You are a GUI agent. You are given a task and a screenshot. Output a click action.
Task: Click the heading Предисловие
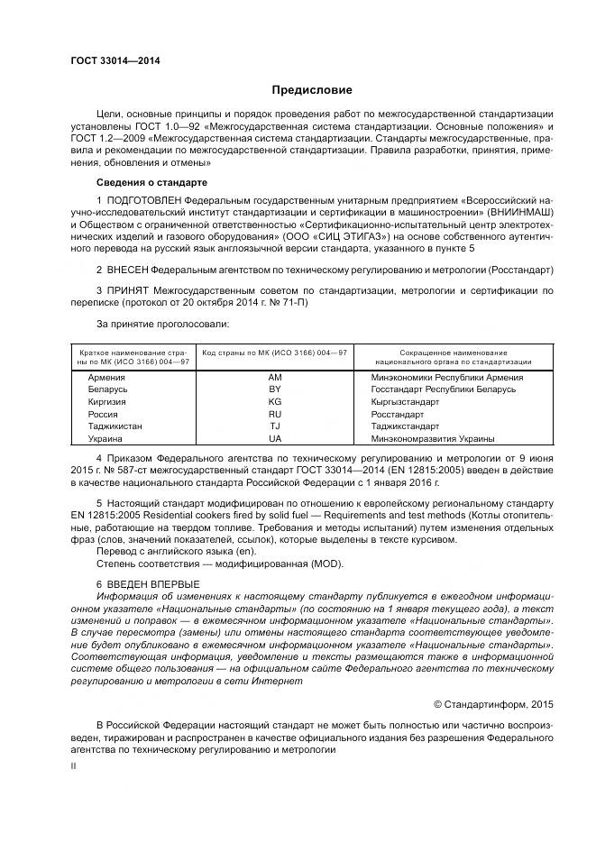pyautogui.click(x=312, y=90)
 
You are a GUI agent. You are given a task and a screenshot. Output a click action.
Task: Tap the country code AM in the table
pyautogui.click(x=275, y=376)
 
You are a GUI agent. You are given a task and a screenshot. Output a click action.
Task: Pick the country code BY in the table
pyautogui.click(x=275, y=389)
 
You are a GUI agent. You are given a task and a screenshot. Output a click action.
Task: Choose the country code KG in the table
pyautogui.click(x=275, y=401)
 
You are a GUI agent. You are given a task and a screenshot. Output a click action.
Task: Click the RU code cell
pyautogui.click(x=275, y=414)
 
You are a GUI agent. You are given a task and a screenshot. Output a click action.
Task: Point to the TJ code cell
pyautogui.click(x=275, y=426)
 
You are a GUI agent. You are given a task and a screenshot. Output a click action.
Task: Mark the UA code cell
pyautogui.click(x=275, y=438)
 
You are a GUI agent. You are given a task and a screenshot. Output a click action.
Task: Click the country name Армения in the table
pyautogui.click(x=106, y=376)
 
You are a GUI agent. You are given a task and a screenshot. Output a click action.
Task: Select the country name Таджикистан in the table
pyautogui.click(x=115, y=426)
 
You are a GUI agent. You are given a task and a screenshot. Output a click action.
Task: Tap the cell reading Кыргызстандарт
pyautogui.click(x=405, y=401)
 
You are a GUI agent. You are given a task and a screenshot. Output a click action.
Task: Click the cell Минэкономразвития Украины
pyautogui.click(x=433, y=438)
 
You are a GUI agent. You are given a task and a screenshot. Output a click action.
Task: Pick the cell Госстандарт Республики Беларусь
pyautogui.click(x=443, y=389)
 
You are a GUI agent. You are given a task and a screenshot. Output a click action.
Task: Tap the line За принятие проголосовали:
pyautogui.click(x=162, y=323)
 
